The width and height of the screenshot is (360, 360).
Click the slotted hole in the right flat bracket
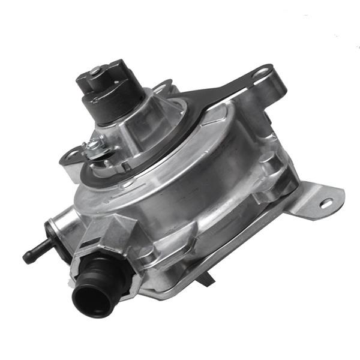tap(326, 203)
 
